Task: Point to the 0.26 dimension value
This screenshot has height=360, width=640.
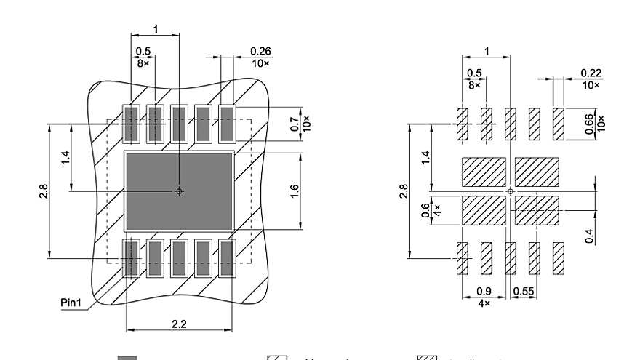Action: (x=260, y=51)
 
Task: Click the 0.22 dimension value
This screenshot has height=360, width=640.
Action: (x=591, y=73)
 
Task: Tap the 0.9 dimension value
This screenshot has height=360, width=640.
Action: (x=484, y=292)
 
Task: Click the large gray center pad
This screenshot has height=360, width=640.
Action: (x=179, y=191)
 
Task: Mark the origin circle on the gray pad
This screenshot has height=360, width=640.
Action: (x=179, y=191)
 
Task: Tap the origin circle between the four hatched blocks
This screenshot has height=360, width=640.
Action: (x=511, y=191)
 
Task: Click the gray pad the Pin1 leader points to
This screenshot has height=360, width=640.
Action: (x=131, y=259)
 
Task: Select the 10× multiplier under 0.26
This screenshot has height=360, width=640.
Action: (x=260, y=63)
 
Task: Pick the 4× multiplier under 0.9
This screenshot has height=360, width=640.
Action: (x=484, y=303)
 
